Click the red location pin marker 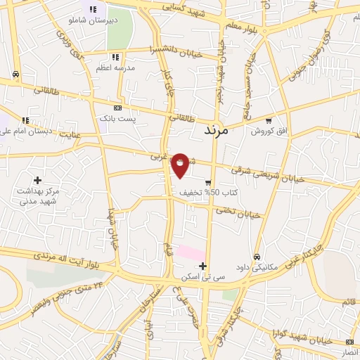181,165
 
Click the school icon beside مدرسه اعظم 115,57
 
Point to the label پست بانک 116,119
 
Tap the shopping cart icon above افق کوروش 269,120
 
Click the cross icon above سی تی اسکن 203,266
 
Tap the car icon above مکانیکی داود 258,257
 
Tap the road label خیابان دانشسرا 175,51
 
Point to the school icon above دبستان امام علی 26,120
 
